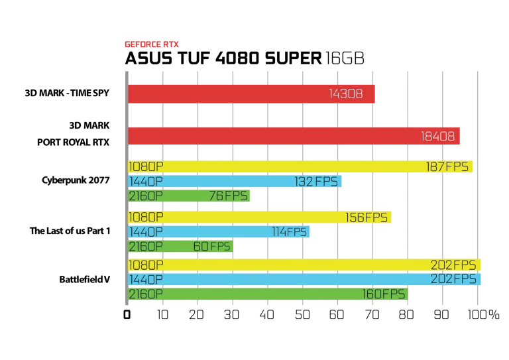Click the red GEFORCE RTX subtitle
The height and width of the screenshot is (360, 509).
click(x=152, y=44)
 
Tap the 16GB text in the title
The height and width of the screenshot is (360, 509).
click(x=345, y=58)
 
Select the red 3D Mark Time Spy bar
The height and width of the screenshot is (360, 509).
click(x=252, y=94)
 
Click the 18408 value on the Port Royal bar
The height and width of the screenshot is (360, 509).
click(x=437, y=137)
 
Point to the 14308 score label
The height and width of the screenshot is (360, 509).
click(x=346, y=94)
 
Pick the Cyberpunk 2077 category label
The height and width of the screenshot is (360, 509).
click(x=76, y=180)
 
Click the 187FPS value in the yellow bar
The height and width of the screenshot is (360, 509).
click(x=447, y=167)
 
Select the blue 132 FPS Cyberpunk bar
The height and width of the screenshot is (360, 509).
click(x=235, y=181)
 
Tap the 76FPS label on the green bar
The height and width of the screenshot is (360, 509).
click(x=228, y=196)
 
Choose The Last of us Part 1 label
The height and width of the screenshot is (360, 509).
click(x=70, y=231)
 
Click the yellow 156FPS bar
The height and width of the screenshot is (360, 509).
click(x=260, y=217)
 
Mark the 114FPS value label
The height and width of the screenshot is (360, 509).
click(x=289, y=232)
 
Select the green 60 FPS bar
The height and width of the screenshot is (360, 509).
click(x=180, y=247)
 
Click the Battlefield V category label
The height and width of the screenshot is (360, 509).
click(x=84, y=280)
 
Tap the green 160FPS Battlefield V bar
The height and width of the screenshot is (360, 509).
click(x=268, y=294)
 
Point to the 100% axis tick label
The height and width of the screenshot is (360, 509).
click(x=483, y=314)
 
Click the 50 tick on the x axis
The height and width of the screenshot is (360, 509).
click(x=302, y=314)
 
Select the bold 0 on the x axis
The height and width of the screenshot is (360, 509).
click(x=127, y=314)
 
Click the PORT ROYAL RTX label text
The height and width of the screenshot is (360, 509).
click(x=73, y=143)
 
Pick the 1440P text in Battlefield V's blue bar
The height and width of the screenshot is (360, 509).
click(x=146, y=280)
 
